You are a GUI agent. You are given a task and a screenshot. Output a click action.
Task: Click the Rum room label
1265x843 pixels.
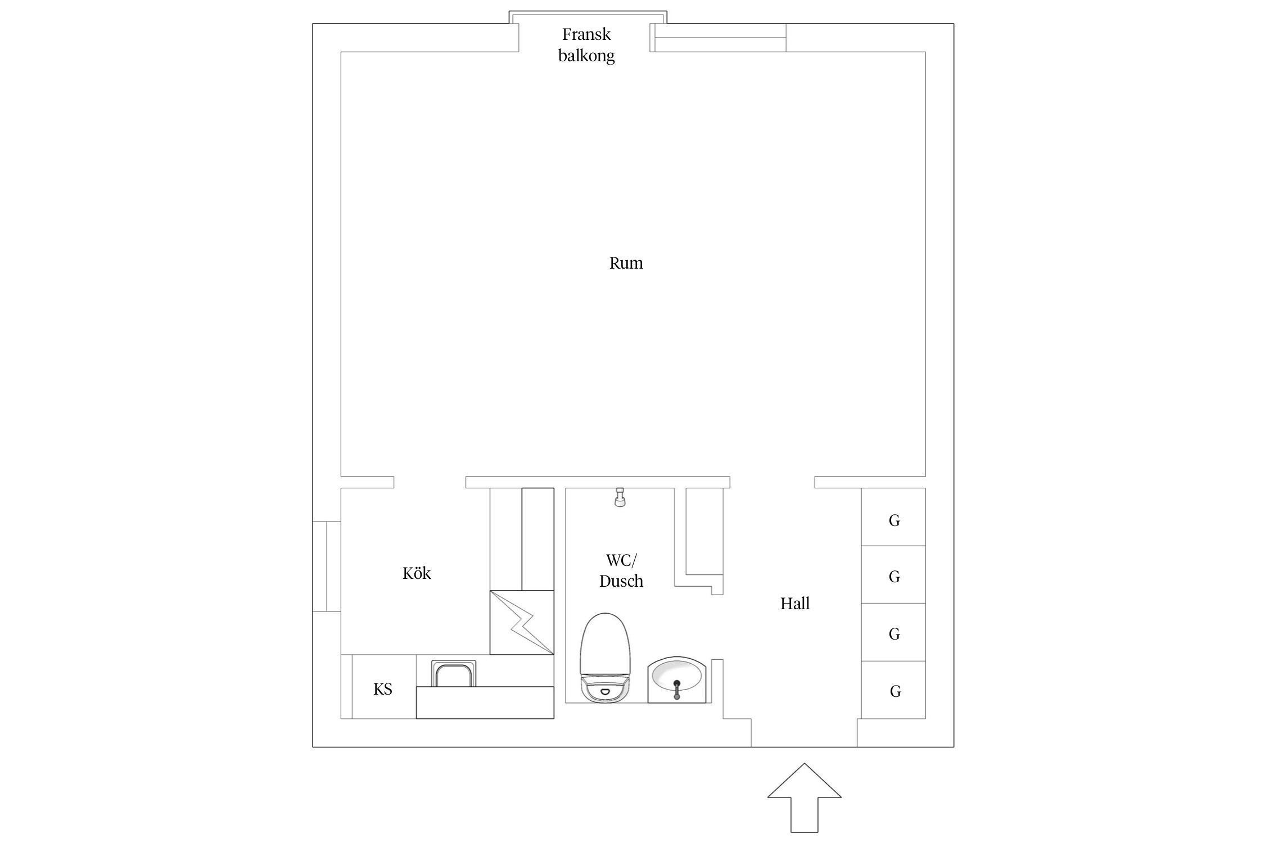626,263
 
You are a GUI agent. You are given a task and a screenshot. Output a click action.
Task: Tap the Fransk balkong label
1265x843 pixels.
586,45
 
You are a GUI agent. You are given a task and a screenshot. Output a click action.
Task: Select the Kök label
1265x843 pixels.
417,573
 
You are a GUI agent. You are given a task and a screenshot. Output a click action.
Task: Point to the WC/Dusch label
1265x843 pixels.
621,570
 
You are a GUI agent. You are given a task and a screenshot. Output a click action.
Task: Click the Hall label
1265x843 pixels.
795,604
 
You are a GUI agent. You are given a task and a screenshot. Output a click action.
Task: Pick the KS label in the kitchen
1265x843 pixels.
383,689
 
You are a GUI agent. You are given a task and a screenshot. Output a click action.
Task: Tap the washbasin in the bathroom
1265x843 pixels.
676,680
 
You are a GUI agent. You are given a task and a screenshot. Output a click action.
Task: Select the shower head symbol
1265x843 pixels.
620,497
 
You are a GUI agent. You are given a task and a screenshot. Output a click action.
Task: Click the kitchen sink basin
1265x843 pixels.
454,673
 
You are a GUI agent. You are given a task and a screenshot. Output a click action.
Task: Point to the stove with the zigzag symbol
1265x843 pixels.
522,622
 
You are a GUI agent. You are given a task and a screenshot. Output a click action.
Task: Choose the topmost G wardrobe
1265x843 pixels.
893,516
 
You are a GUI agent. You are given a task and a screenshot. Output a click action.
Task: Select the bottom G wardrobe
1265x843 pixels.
893,690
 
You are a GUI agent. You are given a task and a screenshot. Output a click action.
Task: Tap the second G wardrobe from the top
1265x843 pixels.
893,574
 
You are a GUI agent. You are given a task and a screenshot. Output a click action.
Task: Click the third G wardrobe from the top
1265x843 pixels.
893,632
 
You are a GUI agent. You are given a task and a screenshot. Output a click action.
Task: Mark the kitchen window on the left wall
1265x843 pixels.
327,566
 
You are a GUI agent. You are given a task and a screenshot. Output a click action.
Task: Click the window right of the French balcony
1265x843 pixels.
721,38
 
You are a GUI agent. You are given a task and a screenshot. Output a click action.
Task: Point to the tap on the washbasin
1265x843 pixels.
677,689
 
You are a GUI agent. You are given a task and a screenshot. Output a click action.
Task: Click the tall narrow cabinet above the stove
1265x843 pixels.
538,539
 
